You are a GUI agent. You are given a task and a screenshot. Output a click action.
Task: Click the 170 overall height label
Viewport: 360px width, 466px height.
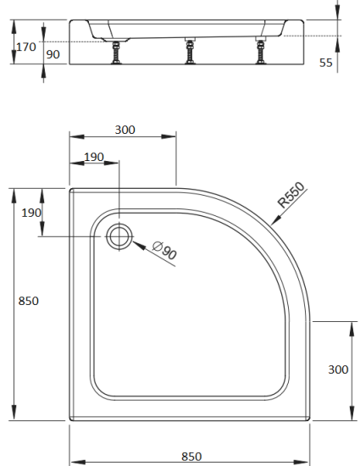pos(26,47)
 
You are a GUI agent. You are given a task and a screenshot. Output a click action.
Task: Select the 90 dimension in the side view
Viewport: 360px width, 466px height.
pos(53,54)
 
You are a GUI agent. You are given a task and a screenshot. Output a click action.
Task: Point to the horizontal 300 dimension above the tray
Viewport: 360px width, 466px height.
pos(125,130)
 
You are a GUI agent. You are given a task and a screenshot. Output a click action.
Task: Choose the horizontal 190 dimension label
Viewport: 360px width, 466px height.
pos(94,157)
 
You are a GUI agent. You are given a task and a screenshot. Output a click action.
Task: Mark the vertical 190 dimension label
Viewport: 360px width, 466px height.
pos(31,213)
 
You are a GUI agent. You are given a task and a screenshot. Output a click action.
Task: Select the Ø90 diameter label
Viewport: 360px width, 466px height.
pos(164,251)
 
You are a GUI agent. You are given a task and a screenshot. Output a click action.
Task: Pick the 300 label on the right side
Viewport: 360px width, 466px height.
pos(338,369)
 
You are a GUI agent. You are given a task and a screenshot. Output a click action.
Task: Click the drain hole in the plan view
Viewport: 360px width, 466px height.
pos(119,236)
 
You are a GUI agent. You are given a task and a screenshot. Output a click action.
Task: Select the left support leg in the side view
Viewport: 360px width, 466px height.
pos(114,53)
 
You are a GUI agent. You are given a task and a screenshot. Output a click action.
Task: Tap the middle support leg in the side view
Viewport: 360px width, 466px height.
pos(188,53)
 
